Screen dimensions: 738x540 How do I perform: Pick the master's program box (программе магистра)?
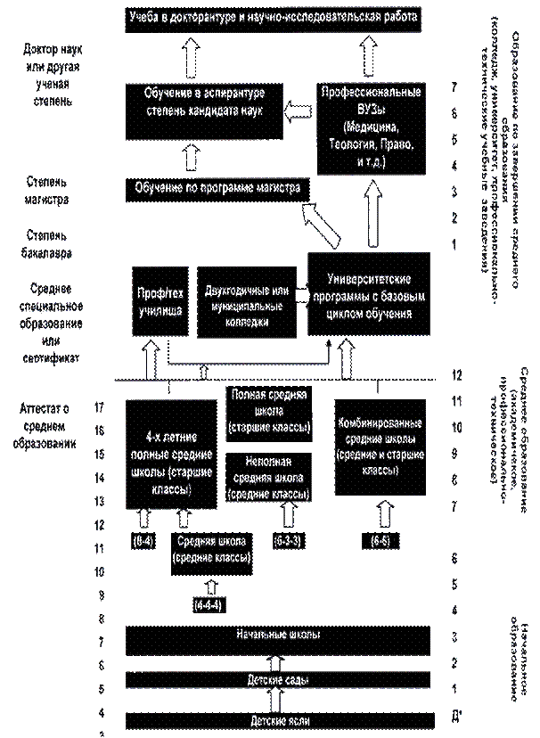[217, 189]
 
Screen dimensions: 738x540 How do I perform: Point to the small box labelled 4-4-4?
[211, 605]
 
